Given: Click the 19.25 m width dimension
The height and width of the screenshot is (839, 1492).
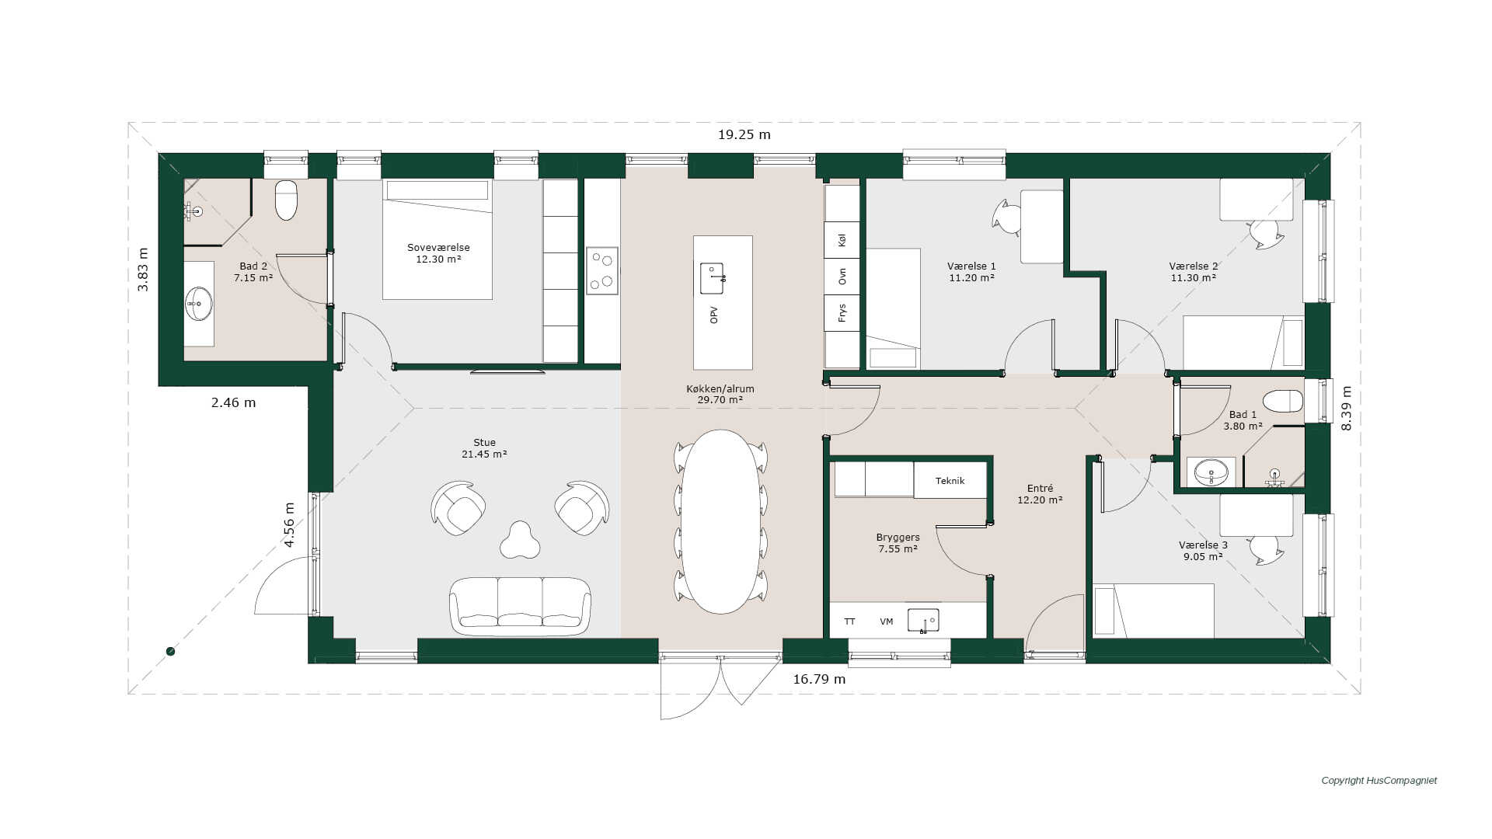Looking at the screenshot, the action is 744,134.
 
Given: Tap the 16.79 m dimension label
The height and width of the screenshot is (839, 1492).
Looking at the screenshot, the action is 819,679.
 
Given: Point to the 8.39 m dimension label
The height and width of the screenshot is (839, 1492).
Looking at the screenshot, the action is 1347,408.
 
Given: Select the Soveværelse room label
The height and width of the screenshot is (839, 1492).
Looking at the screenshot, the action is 438,248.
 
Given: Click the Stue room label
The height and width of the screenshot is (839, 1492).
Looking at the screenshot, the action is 484,442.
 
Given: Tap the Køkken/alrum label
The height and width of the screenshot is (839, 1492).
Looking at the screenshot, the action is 720,388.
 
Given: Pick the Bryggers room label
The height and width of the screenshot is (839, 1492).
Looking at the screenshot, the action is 898,537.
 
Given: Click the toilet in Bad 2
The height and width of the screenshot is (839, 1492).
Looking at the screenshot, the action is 286,200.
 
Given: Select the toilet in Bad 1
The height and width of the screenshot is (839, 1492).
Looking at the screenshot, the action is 1282,401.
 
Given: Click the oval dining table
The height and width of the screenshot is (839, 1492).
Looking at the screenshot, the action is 721,521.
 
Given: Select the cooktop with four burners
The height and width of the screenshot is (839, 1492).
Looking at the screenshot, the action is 602,270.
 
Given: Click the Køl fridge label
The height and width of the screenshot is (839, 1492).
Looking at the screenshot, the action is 842,240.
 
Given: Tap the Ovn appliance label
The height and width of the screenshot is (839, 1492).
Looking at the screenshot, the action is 842,277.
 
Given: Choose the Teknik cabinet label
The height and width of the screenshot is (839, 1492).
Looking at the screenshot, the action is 950,481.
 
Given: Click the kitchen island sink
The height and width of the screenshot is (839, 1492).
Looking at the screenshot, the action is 713,278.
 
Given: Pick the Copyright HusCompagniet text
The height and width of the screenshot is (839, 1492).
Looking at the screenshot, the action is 1379,781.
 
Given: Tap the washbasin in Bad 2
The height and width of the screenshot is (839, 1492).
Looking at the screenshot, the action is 198,304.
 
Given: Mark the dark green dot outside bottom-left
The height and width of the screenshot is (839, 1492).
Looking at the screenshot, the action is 171,652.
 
